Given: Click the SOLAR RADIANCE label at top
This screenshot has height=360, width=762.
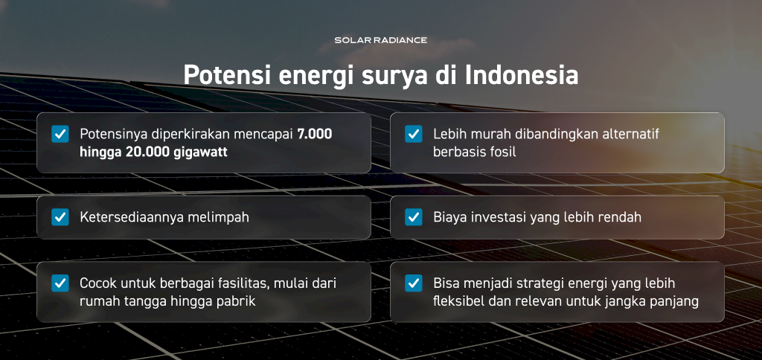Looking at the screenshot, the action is coord(380,40).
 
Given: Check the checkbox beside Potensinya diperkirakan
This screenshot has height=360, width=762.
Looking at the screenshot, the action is coord(60,134).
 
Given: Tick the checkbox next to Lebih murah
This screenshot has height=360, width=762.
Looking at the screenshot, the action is coord(414,134).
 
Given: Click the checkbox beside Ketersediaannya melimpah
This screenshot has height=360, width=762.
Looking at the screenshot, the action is coord(60,217).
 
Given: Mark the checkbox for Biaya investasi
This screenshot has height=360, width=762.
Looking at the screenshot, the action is coord(414,217).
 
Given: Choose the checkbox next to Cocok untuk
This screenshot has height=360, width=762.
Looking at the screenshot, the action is coord(60,283).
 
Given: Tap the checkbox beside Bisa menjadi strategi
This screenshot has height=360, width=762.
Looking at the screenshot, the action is coord(414,283).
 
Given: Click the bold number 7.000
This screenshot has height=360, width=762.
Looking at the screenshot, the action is coord(315,134).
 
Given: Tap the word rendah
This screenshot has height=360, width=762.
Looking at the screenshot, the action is coord(620,217).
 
